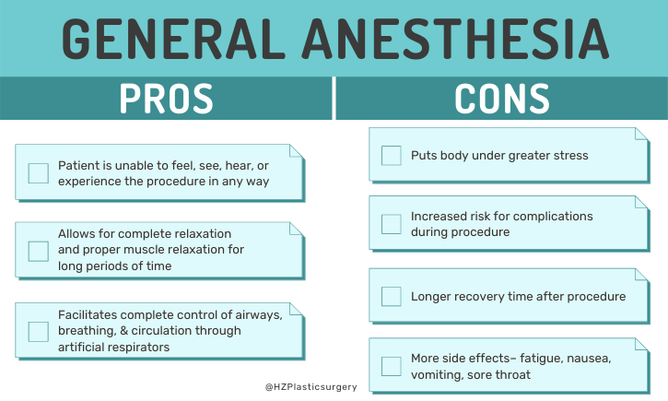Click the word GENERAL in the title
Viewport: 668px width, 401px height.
tap(176, 38)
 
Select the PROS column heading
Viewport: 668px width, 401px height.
tap(166, 98)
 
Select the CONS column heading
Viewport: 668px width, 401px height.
tap(502, 98)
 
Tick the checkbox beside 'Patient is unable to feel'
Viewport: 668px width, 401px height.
tap(39, 173)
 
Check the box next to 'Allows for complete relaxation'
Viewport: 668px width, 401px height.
tap(39, 251)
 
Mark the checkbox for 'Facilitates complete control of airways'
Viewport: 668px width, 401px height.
tap(39, 331)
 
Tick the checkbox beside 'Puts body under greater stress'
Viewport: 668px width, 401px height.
tap(391, 155)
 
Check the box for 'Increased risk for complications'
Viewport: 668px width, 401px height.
tap(391, 224)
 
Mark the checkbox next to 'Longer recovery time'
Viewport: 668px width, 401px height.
tap(391, 296)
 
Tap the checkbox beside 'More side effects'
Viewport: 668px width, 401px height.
tap(391, 366)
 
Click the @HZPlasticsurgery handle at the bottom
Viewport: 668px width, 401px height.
tap(311, 387)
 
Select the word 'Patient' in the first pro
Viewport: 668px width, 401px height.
tap(79, 165)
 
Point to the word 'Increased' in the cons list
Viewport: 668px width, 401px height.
tap(441, 216)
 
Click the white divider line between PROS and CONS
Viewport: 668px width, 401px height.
tap(334, 98)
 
